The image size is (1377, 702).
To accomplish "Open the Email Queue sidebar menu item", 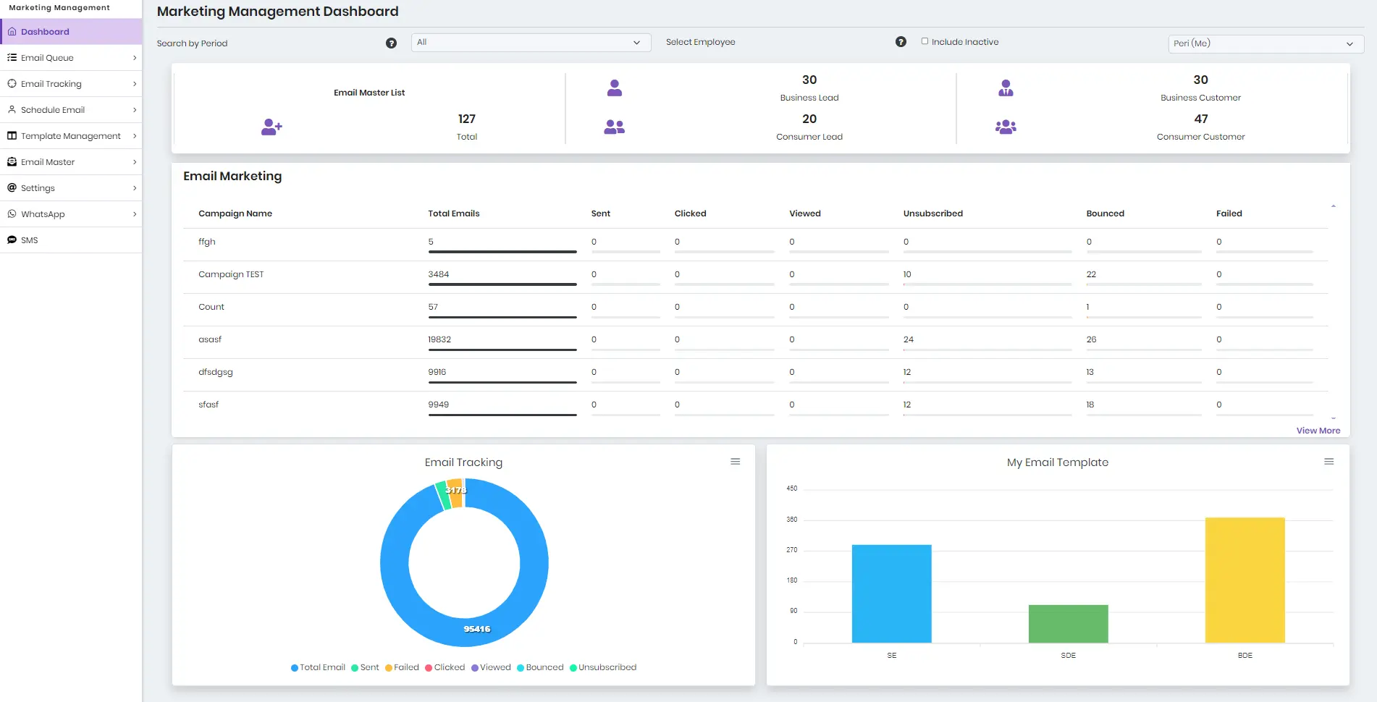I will click(48, 58).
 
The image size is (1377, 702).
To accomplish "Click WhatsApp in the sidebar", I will click(43, 214).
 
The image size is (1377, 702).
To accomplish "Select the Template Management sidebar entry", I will click(70, 136).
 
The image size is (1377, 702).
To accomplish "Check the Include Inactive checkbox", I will click(925, 41).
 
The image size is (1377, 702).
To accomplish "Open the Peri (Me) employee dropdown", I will click(1266, 43).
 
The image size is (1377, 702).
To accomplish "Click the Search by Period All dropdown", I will click(531, 43).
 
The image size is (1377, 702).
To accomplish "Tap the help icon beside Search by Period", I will click(391, 43).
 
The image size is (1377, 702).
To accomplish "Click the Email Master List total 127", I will click(466, 119).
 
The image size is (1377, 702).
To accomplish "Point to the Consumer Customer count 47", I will click(1200, 119).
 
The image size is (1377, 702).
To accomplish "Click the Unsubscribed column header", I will click(932, 213).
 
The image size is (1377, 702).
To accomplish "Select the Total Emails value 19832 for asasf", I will click(439, 339).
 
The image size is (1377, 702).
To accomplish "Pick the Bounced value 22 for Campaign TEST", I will click(1091, 274).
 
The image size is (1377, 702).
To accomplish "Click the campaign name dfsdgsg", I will click(216, 372).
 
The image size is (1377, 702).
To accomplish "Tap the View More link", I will click(1318, 431).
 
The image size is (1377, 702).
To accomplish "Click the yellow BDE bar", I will click(1245, 579).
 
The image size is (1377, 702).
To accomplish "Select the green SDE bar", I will click(1068, 623).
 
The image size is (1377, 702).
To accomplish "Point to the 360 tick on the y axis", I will click(792, 520).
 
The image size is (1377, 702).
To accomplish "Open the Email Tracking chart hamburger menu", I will click(735, 462).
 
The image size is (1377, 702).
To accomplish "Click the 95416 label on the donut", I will click(477, 629).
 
